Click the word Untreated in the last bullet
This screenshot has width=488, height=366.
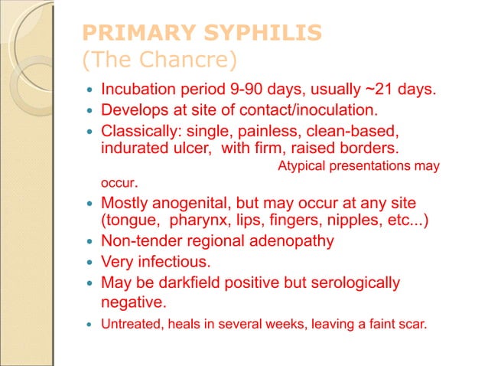129,324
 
